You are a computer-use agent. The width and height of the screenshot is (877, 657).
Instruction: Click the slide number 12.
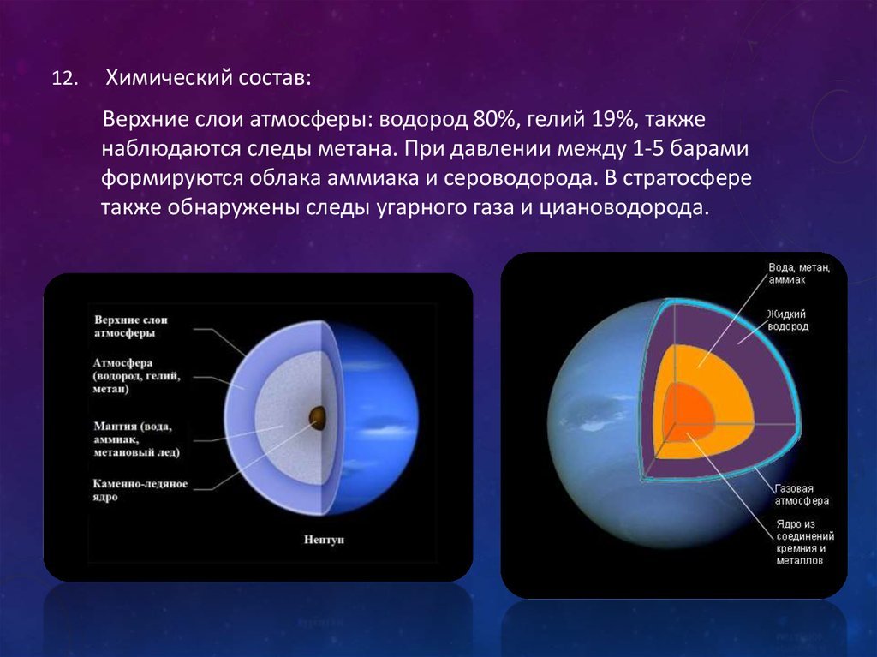click(63, 78)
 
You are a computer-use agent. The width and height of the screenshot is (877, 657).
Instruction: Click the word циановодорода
click(624, 207)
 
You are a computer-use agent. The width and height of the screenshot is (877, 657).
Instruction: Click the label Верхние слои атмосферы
click(131, 327)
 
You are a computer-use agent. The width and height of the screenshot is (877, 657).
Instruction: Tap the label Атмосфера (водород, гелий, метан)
click(137, 375)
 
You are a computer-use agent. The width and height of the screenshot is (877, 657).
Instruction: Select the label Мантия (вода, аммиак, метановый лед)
click(137, 439)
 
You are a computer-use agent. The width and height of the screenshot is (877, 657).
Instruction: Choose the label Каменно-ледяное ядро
click(140, 490)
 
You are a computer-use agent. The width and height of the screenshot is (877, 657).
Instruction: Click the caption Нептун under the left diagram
click(325, 540)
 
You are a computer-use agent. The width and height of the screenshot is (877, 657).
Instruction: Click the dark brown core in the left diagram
click(318, 417)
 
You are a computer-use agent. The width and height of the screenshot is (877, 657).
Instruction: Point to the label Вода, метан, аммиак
click(799, 273)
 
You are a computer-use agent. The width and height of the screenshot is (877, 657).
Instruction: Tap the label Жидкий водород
click(788, 320)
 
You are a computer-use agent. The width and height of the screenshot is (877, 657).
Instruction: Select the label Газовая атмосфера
click(802, 495)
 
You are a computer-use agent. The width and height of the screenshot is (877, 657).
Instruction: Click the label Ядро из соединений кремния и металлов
click(804, 542)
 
